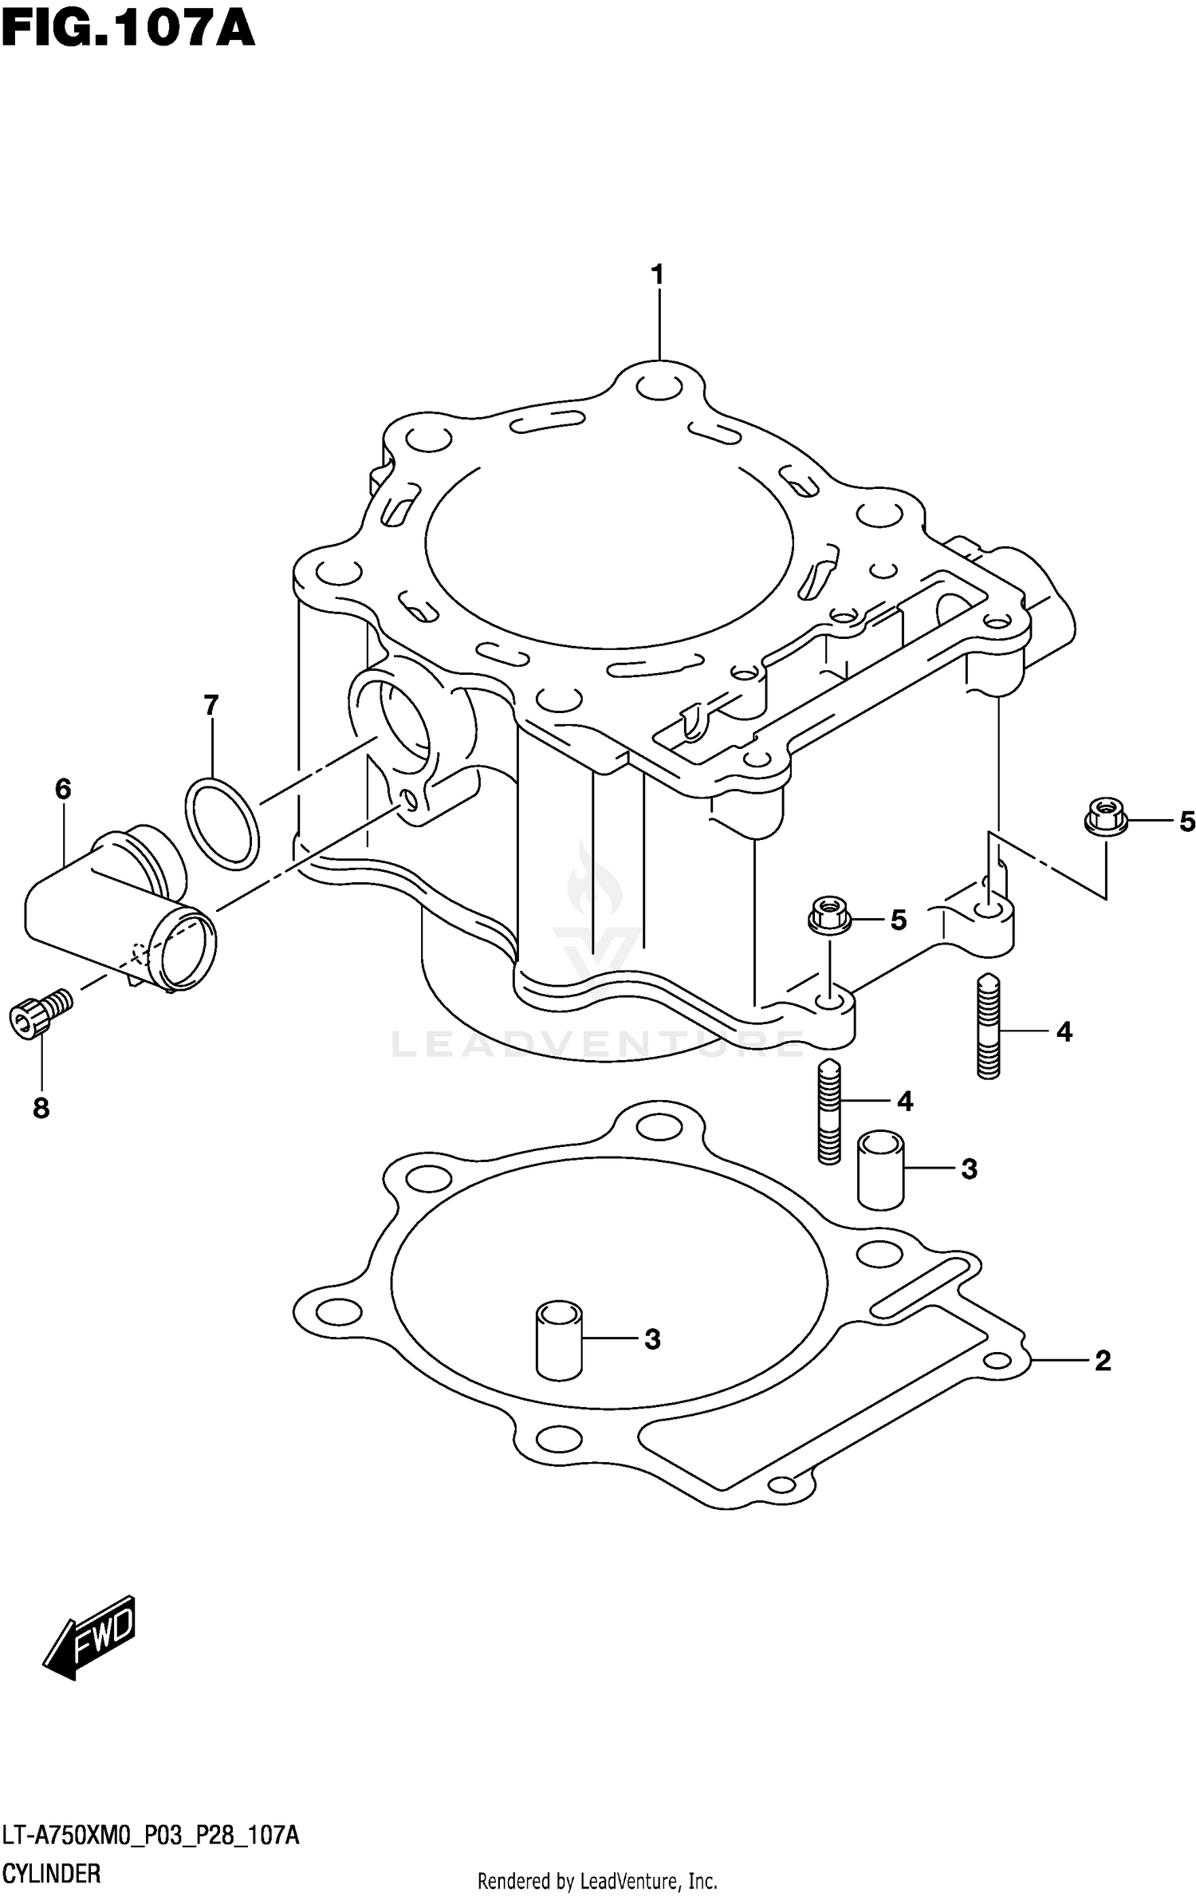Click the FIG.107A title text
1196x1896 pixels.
(128, 30)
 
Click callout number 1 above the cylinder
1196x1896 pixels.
(657, 275)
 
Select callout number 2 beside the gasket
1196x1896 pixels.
(1102, 1360)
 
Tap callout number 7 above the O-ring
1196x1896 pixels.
(210, 705)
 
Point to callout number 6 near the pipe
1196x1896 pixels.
(63, 789)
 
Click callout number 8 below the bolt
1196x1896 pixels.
(41, 1108)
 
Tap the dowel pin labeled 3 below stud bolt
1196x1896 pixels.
(879, 1169)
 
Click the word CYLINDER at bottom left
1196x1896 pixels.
(52, 1872)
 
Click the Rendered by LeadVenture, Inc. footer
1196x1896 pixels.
(597, 1882)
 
